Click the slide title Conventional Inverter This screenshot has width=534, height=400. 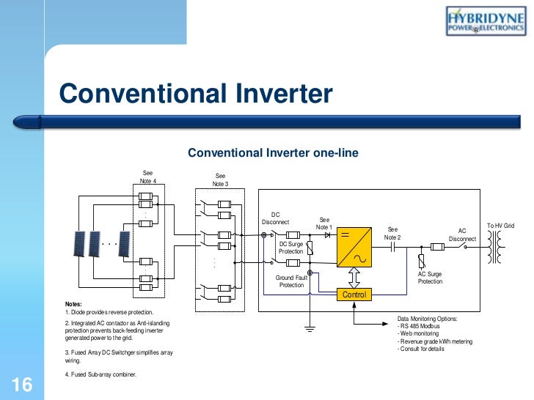click(195, 94)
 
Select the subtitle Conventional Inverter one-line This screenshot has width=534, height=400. click(272, 153)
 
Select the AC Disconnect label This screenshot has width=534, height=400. click(462, 234)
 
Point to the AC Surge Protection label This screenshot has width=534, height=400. click(430, 277)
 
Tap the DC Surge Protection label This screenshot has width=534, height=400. click(290, 248)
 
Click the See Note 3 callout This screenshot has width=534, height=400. click(221, 179)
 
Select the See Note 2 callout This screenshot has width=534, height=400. click(392, 233)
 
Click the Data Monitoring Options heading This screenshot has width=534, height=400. click(427, 319)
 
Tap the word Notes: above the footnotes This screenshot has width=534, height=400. click(73, 304)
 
